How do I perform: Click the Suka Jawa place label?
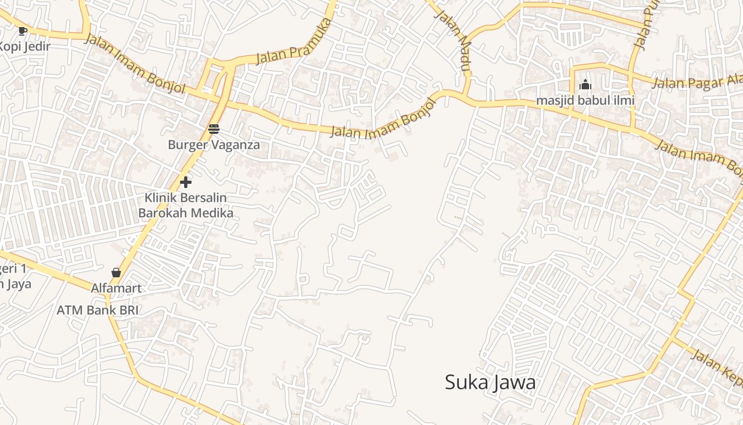pos(490,382)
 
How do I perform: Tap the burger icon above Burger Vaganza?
pos(214,129)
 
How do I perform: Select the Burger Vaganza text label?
pos(214,144)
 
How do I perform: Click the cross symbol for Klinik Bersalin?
pos(186,182)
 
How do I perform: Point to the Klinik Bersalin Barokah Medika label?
pos(186,206)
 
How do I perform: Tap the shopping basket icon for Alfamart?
pos(116,273)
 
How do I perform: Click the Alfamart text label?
pos(116,288)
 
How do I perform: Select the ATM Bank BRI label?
pos(98,310)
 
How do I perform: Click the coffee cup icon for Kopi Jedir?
pos(22,31)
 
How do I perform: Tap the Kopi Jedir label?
pos(24,46)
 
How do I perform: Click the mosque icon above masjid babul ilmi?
pos(585,84)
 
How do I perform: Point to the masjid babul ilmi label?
pos(585,100)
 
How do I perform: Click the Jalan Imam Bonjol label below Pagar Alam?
pos(698,157)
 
